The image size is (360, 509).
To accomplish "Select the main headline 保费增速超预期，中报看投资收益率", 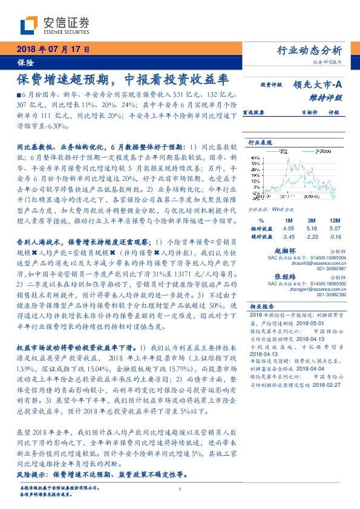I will [x=122, y=79].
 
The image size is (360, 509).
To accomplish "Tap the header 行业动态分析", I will [x=309, y=50].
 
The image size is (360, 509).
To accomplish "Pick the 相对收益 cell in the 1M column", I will [x=288, y=229].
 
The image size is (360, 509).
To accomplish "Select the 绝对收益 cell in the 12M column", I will [x=333, y=237].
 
